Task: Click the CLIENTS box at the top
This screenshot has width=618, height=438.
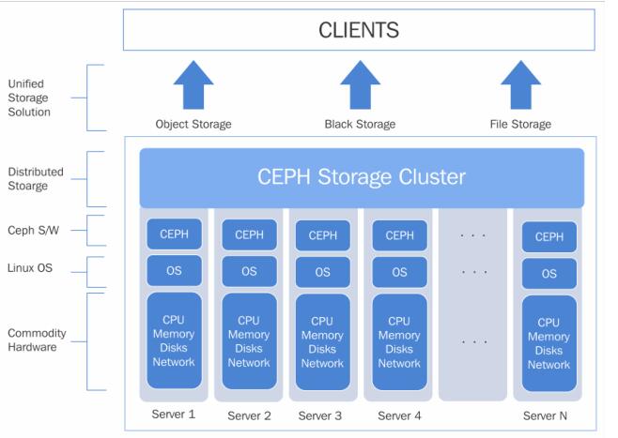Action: pyautogui.click(x=359, y=30)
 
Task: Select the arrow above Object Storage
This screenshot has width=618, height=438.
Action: pyautogui.click(x=193, y=86)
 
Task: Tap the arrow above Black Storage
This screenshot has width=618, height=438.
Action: pyautogui.click(x=360, y=86)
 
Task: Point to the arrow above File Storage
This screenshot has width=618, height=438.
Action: pyautogui.click(x=520, y=86)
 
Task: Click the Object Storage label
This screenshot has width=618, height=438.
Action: pyautogui.click(x=193, y=124)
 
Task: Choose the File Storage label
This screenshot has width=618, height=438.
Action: pyautogui.click(x=520, y=124)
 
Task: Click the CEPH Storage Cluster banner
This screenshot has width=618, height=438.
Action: pyautogui.click(x=362, y=177)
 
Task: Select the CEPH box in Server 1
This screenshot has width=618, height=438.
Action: pyautogui.click(x=173, y=235)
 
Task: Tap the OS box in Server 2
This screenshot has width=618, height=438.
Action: pyautogui.click(x=249, y=271)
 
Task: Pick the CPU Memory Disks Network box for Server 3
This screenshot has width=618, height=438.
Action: pyautogui.click(x=322, y=341)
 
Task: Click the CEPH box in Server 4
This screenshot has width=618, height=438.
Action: pyautogui.click(x=399, y=235)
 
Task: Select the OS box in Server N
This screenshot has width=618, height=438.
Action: pyautogui.click(x=548, y=273)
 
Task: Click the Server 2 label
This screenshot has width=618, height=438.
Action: pyautogui.click(x=249, y=415)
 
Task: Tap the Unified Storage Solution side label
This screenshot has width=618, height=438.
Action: pyautogui.click(x=29, y=98)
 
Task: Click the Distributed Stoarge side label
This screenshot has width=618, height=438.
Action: pyautogui.click(x=36, y=178)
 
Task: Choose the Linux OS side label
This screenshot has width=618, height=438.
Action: pyautogui.click(x=31, y=268)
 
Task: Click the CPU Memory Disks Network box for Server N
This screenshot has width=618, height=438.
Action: pyautogui.click(x=548, y=343)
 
